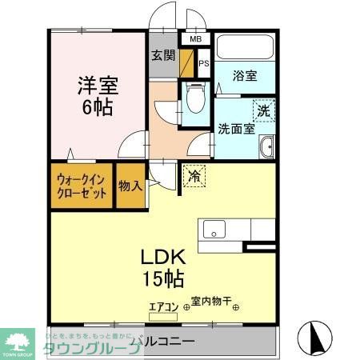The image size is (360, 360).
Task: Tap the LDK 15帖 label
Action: (x=164, y=267)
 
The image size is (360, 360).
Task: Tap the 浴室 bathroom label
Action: (x=245, y=77)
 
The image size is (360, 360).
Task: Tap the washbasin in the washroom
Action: (x=267, y=147)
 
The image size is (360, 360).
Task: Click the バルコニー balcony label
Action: (x=164, y=342)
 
